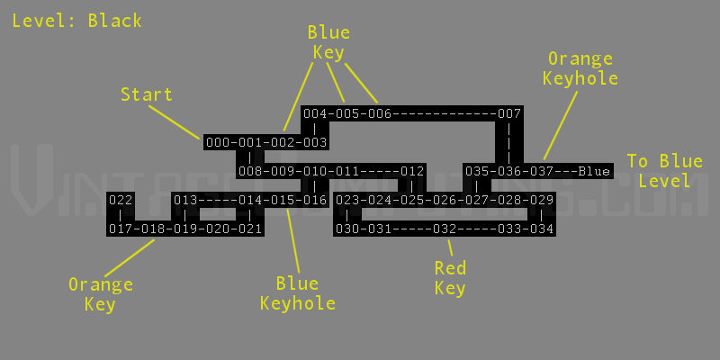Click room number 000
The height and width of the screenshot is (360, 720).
tap(217, 142)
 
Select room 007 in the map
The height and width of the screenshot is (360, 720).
tap(509, 113)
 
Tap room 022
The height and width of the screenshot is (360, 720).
tap(121, 200)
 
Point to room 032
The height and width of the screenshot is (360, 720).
tap(445, 229)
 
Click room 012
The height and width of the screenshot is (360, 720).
tap(412, 172)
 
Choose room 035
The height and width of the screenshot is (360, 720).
tap(477, 172)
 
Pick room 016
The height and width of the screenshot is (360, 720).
tap(315, 200)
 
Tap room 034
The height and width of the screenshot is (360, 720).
tap(542, 229)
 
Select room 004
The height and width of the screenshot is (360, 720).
tap(315, 113)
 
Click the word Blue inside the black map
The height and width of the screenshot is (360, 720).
tap(594, 172)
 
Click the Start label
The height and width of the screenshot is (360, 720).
tap(147, 94)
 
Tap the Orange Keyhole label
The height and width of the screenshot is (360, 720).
tap(580, 68)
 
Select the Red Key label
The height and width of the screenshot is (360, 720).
tap(451, 278)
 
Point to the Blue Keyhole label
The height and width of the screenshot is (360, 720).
tap(298, 293)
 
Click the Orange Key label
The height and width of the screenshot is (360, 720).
tap(101, 294)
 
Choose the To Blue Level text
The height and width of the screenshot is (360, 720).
tap(665, 170)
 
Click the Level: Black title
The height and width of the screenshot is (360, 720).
tap(77, 21)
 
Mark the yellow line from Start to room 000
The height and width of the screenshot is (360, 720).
tap(174, 121)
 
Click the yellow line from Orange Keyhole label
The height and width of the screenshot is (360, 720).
tap(560, 125)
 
